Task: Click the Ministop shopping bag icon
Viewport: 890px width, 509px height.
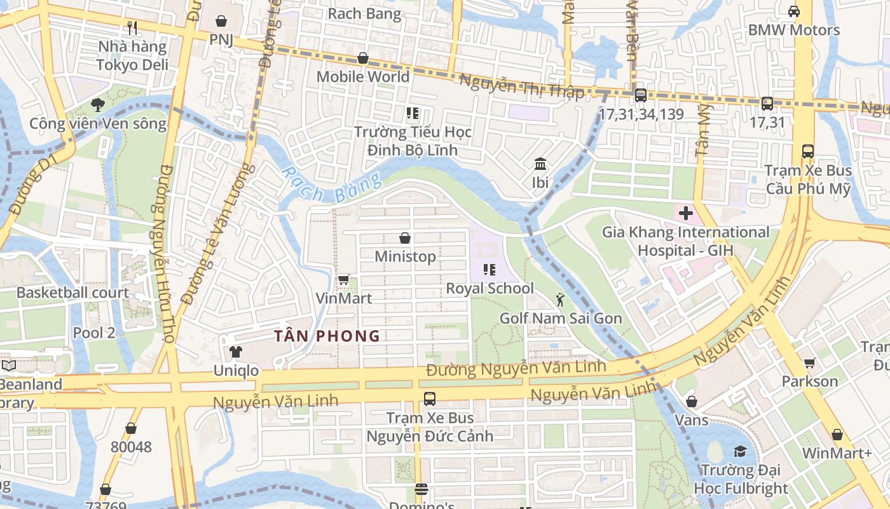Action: [405, 238]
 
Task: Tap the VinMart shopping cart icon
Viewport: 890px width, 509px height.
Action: [344, 279]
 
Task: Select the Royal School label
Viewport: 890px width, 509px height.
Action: [489, 288]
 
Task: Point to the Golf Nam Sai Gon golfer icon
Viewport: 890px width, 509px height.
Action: [559, 299]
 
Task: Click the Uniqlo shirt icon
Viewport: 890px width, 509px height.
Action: [236, 352]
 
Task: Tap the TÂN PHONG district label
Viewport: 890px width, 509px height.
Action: [327, 336]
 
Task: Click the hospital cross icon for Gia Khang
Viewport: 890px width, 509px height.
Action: [685, 213]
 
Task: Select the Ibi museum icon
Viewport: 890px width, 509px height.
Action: [540, 164]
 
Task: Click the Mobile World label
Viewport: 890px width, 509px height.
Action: [363, 77]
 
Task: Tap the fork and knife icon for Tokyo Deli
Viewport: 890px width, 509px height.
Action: [132, 28]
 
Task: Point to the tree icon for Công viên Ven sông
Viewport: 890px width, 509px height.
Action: [97, 104]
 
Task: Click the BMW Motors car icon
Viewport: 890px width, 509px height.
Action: [794, 11]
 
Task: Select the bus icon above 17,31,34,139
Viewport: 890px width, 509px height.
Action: [641, 95]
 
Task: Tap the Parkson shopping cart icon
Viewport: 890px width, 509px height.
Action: [809, 363]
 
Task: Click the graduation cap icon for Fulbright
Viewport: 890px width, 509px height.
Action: [740, 451]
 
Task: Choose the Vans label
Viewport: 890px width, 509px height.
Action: [691, 420]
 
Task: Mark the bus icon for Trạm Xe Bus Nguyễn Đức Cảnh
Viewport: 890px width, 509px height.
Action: [430, 399]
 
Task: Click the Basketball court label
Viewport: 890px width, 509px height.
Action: [72, 293]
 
